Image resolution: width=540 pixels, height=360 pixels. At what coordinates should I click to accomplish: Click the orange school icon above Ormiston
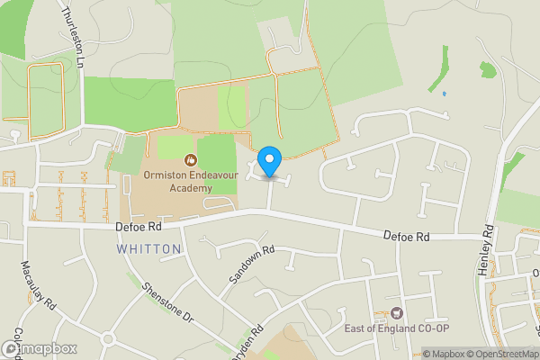click(x=190, y=158)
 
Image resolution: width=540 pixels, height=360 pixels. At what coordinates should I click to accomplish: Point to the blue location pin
click(x=268, y=162)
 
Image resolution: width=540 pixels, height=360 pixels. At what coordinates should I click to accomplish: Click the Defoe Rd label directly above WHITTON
click(x=138, y=229)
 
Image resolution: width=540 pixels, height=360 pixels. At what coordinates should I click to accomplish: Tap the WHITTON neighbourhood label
click(x=148, y=248)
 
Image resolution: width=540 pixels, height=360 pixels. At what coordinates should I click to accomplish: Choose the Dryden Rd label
click(x=253, y=343)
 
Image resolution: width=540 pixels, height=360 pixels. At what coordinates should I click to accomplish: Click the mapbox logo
click(x=39, y=347)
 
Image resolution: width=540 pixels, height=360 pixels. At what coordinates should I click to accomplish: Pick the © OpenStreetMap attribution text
click(x=503, y=354)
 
